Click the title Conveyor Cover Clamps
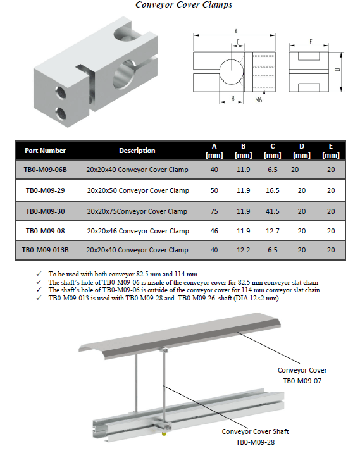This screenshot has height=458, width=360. pos(184,5)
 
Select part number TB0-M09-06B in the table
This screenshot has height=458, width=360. pos(46,170)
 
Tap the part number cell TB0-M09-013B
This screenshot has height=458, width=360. pos(46,250)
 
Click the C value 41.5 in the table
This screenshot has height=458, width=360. pos(272,211)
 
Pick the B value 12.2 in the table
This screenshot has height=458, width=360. pos(243,250)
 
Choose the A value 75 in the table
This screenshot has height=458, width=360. pos(214,211)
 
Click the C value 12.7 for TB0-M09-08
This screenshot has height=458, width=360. pos(272,231)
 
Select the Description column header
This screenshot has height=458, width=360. pos(137,151)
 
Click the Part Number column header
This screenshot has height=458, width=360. pos(46,151)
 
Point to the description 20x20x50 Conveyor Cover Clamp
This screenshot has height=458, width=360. pos(138,191)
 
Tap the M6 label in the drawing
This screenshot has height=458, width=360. pos(259,100)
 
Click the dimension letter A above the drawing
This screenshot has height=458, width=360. pos(236,32)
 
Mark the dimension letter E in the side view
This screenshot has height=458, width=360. pos(311,42)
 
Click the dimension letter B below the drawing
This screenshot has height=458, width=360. pos(233,99)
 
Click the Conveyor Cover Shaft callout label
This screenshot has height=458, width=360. pos(255,431)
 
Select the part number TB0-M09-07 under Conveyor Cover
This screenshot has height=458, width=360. pos(302,381)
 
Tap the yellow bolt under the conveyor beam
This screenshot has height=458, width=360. pos(164,433)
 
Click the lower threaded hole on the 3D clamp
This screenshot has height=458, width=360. pos(61,114)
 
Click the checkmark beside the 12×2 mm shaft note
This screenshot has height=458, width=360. pos(39,298)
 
